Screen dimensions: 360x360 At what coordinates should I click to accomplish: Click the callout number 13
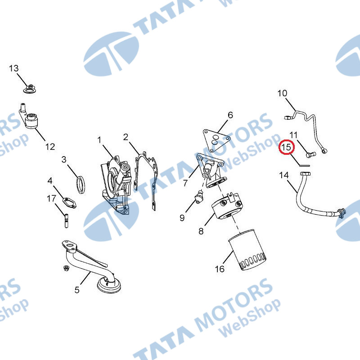14,68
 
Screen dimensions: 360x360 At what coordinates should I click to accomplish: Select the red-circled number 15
287,147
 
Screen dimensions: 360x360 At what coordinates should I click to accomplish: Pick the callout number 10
282,94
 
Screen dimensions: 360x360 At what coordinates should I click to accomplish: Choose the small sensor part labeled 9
198,198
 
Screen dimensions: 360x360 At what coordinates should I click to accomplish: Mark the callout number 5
77,290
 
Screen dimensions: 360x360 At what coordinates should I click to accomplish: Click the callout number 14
284,175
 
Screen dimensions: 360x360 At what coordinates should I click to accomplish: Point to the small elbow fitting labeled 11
310,154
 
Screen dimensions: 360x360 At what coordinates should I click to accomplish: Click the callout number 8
201,231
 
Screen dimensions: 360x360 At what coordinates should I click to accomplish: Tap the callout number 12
50,146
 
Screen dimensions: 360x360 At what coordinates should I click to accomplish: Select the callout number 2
126,137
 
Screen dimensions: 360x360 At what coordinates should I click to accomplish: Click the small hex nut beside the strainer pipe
66,269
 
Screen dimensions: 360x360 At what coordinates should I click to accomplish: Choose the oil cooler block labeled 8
228,208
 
